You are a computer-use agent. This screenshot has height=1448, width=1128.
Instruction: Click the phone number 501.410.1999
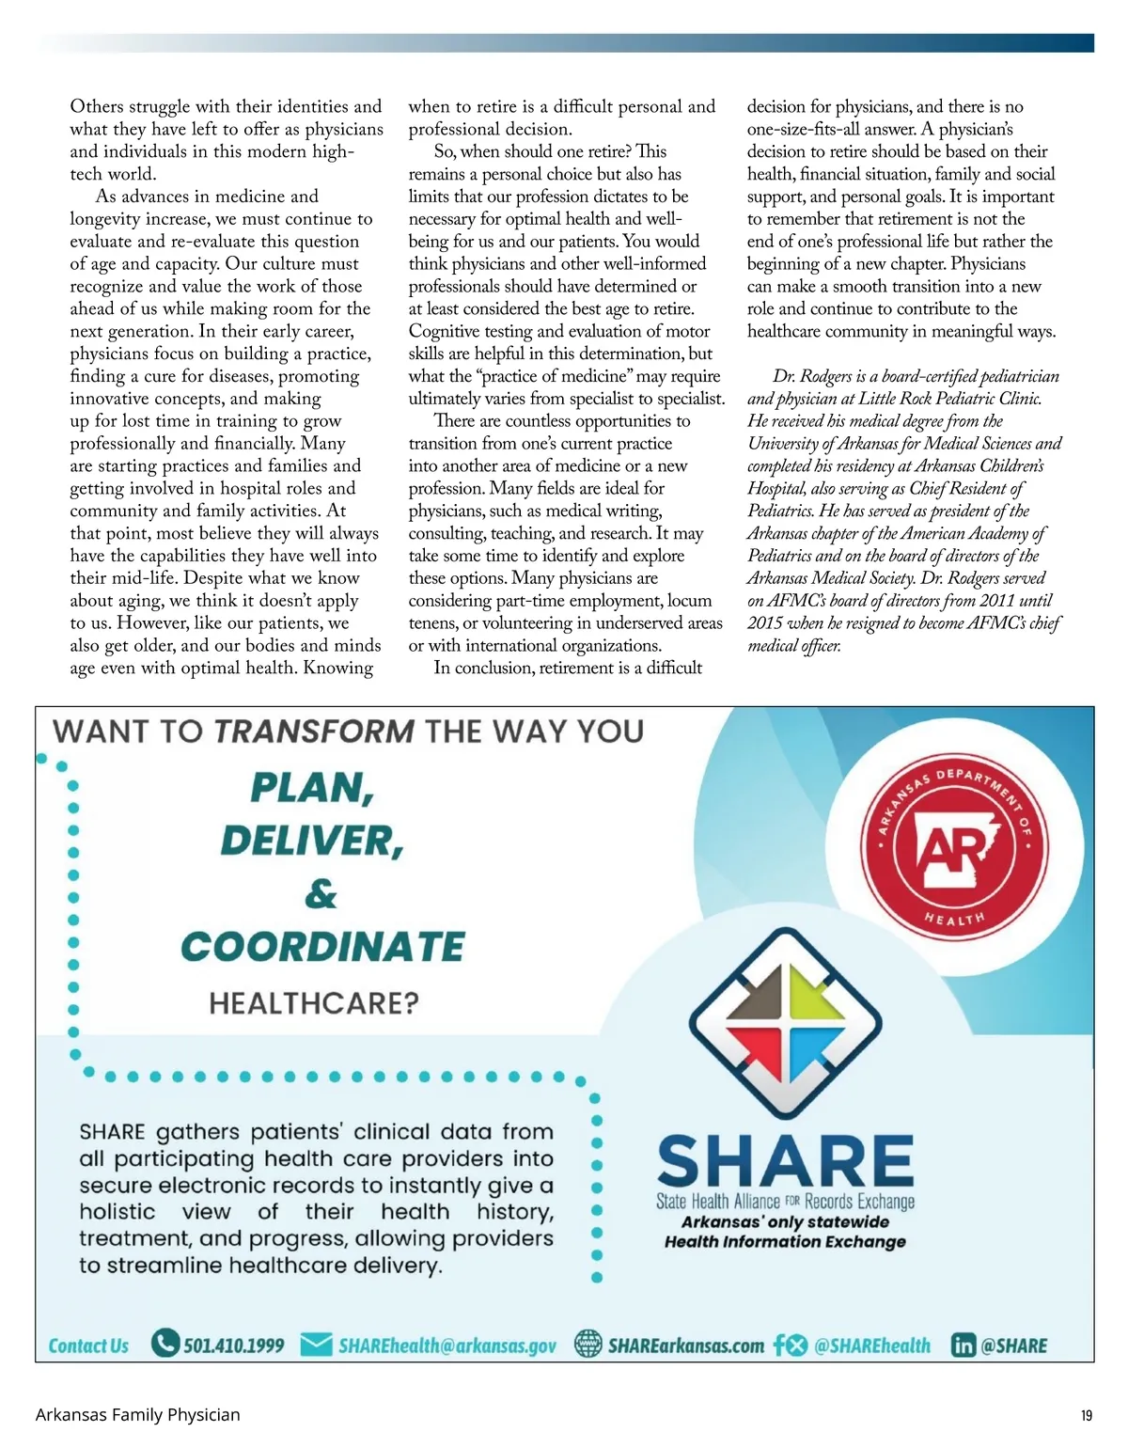pyautogui.click(x=233, y=1346)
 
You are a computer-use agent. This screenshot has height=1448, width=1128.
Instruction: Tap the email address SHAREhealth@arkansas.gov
pyautogui.click(x=446, y=1346)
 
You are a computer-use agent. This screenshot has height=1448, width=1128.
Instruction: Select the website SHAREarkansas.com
pyautogui.click(x=685, y=1346)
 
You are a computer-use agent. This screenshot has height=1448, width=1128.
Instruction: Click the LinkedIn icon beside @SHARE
pyautogui.click(x=963, y=1346)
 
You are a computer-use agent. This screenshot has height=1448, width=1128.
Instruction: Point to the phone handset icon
pyautogui.click(x=164, y=1344)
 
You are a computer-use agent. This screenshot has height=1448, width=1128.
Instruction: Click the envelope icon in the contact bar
pyautogui.click(x=316, y=1345)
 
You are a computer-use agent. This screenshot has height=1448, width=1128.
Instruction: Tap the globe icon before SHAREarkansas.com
pyautogui.click(x=587, y=1345)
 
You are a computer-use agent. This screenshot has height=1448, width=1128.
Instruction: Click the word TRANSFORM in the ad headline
pyautogui.click(x=314, y=732)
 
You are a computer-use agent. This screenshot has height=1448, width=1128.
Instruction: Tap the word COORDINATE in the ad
pyautogui.click(x=322, y=947)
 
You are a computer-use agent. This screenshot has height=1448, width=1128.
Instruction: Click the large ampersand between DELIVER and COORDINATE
pyautogui.click(x=320, y=893)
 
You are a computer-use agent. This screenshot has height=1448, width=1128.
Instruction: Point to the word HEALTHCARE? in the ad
pyautogui.click(x=314, y=1003)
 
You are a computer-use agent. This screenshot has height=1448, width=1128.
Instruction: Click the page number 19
pyautogui.click(x=1087, y=1415)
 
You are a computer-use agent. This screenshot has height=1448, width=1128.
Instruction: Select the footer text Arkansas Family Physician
pyautogui.click(x=137, y=1414)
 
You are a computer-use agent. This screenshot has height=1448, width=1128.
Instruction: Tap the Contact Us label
pyautogui.click(x=88, y=1346)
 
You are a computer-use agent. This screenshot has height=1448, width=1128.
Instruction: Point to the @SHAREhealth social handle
pyautogui.click(x=871, y=1346)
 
